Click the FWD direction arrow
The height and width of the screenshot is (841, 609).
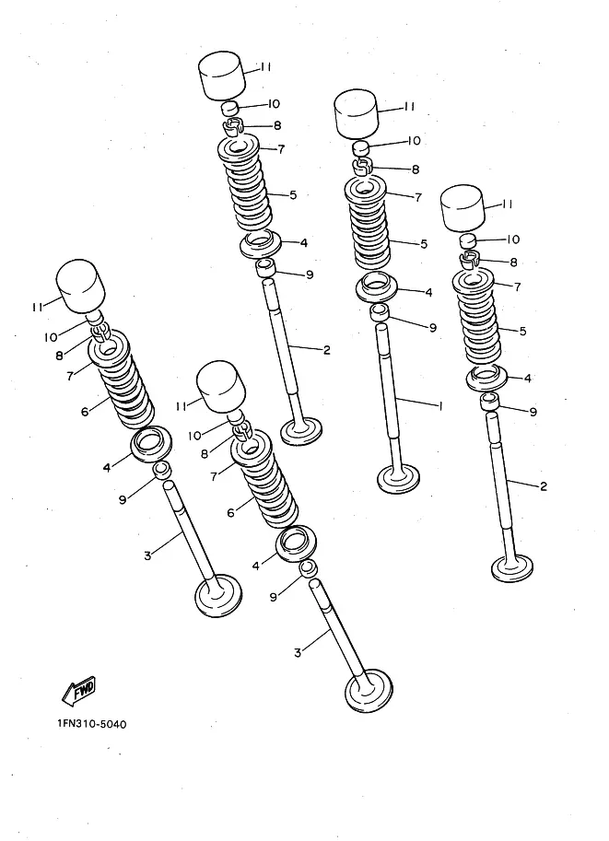(78, 690)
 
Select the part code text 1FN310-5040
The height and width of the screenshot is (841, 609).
(92, 724)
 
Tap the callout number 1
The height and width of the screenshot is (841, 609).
(440, 406)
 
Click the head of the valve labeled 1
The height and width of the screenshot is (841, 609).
(398, 478)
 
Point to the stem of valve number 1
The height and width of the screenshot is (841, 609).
(390, 397)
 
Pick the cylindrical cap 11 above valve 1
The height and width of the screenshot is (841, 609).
(357, 115)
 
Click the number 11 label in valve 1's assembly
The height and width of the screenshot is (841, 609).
(409, 107)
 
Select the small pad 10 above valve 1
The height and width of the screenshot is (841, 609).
(362, 147)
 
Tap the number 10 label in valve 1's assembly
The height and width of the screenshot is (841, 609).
(414, 141)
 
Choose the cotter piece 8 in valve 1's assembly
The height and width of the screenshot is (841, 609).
(362, 167)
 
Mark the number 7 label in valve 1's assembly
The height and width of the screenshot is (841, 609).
(418, 197)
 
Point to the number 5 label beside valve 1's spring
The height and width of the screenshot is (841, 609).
(424, 244)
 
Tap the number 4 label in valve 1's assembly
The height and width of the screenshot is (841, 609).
(428, 292)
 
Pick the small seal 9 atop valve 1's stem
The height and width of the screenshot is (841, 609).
(381, 311)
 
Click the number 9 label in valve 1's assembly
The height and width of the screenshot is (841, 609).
(433, 328)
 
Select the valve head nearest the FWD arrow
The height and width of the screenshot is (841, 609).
(217, 595)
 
